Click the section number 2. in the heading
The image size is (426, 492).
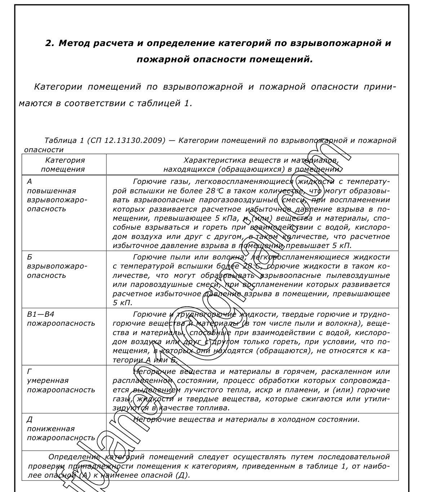(x=50, y=43)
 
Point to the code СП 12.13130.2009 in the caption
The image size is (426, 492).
(x=126, y=140)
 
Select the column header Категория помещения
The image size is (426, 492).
(x=64, y=164)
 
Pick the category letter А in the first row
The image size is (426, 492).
(x=30, y=182)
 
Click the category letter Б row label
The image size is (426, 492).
(x=30, y=257)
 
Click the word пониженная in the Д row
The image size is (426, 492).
(x=51, y=429)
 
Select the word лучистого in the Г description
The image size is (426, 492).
(x=201, y=390)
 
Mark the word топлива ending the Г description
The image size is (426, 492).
(x=216, y=408)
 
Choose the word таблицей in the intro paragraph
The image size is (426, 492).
(x=157, y=104)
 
